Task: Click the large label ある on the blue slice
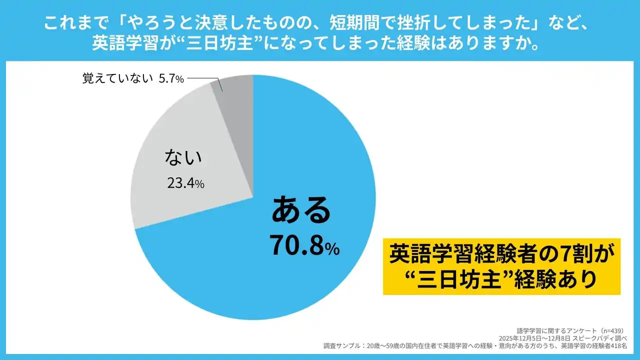coord(301,210)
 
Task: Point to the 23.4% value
coord(185,183)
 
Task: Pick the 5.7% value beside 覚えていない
coord(171,79)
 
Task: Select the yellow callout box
coord(501,266)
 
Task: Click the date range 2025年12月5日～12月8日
coord(542,338)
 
